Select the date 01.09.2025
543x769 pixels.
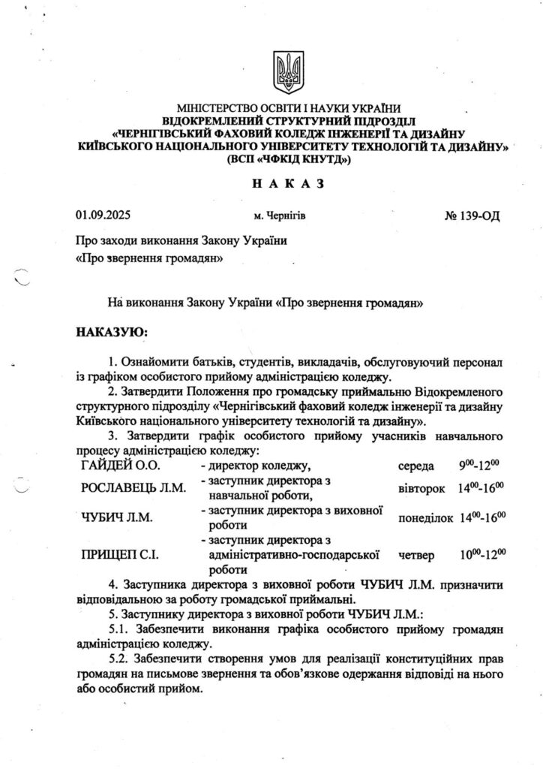103,216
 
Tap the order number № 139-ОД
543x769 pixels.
472,216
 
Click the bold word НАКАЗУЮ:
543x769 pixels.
112,332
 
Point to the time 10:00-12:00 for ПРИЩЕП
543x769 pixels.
482,555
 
